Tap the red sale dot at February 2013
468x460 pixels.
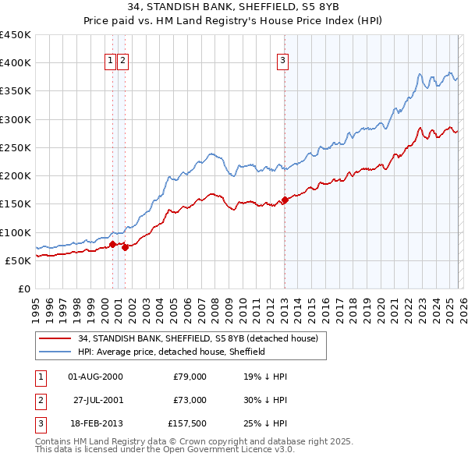coord(285,200)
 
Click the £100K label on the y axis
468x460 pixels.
coord(16,232)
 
